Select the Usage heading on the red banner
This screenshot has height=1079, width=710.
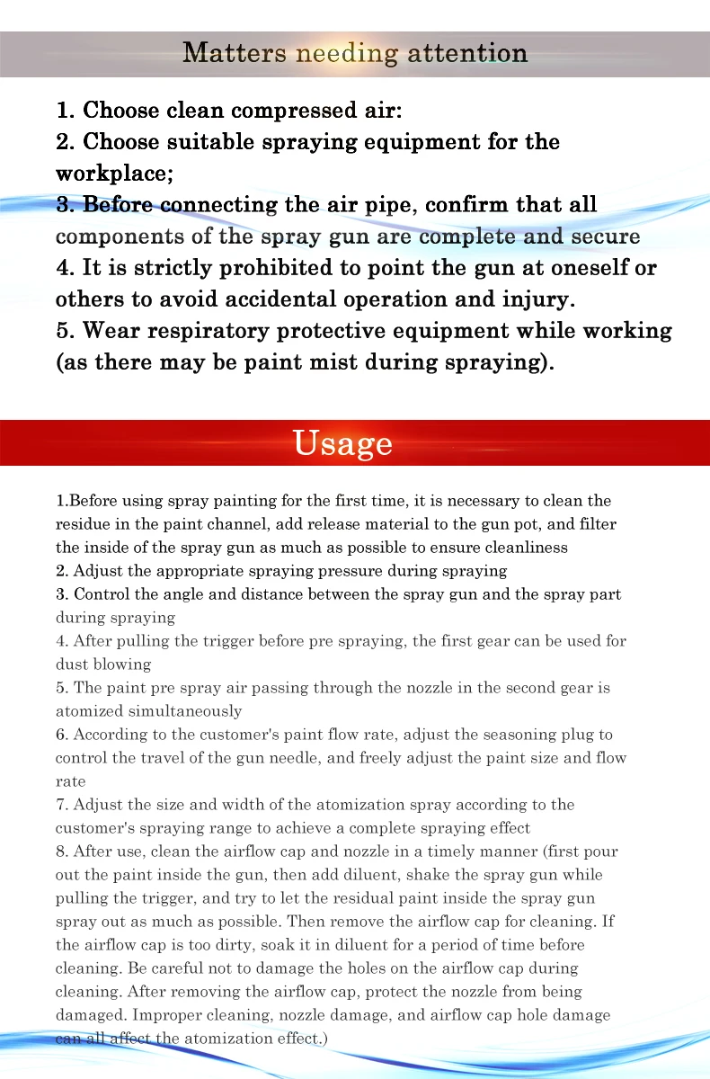[343, 442]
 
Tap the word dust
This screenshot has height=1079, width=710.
[73, 664]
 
